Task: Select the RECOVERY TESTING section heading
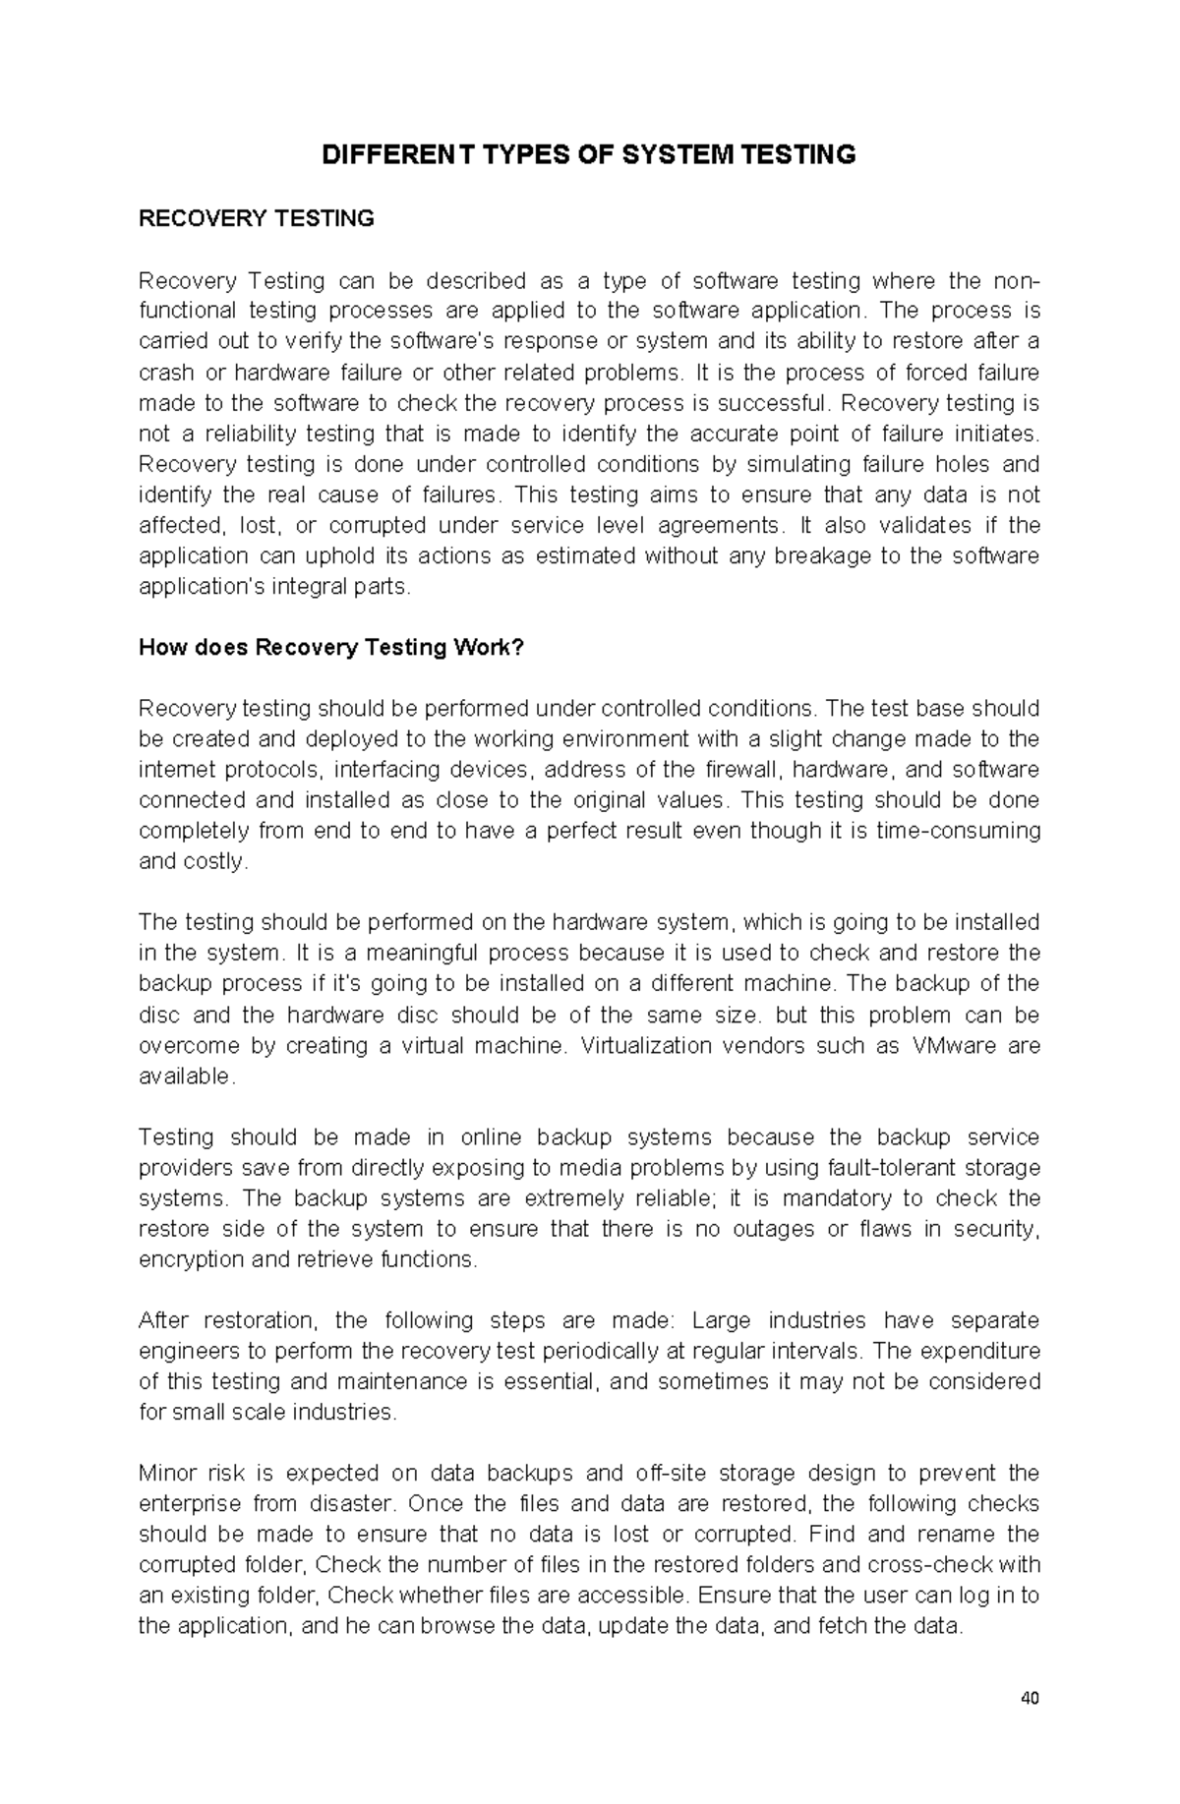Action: [257, 218]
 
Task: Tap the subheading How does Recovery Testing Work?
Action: [332, 648]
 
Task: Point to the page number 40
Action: [1031, 1698]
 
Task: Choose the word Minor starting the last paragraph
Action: [167, 1473]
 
